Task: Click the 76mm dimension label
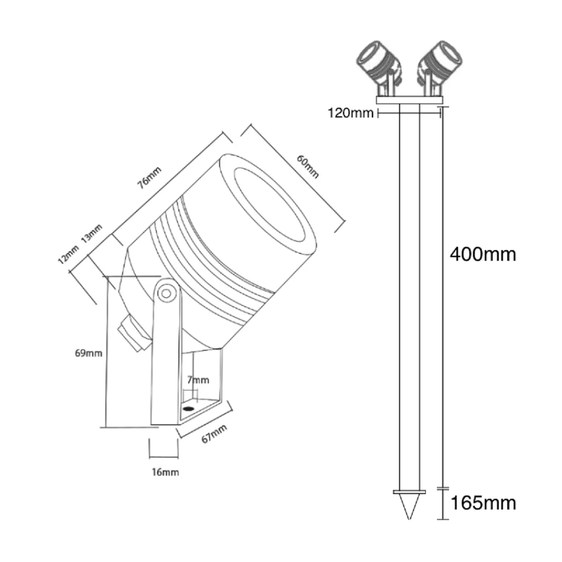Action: pyautogui.click(x=149, y=177)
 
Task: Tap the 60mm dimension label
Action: pyautogui.click(x=308, y=166)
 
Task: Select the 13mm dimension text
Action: pyautogui.click(x=92, y=234)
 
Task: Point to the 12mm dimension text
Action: pyautogui.click(x=68, y=255)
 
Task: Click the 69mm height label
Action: pyautogui.click(x=89, y=353)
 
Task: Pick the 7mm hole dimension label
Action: pyautogui.click(x=198, y=380)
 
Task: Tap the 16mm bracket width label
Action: pyautogui.click(x=165, y=472)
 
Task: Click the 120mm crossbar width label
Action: pyautogui.click(x=351, y=113)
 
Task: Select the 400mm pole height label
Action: pyautogui.click(x=483, y=255)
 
